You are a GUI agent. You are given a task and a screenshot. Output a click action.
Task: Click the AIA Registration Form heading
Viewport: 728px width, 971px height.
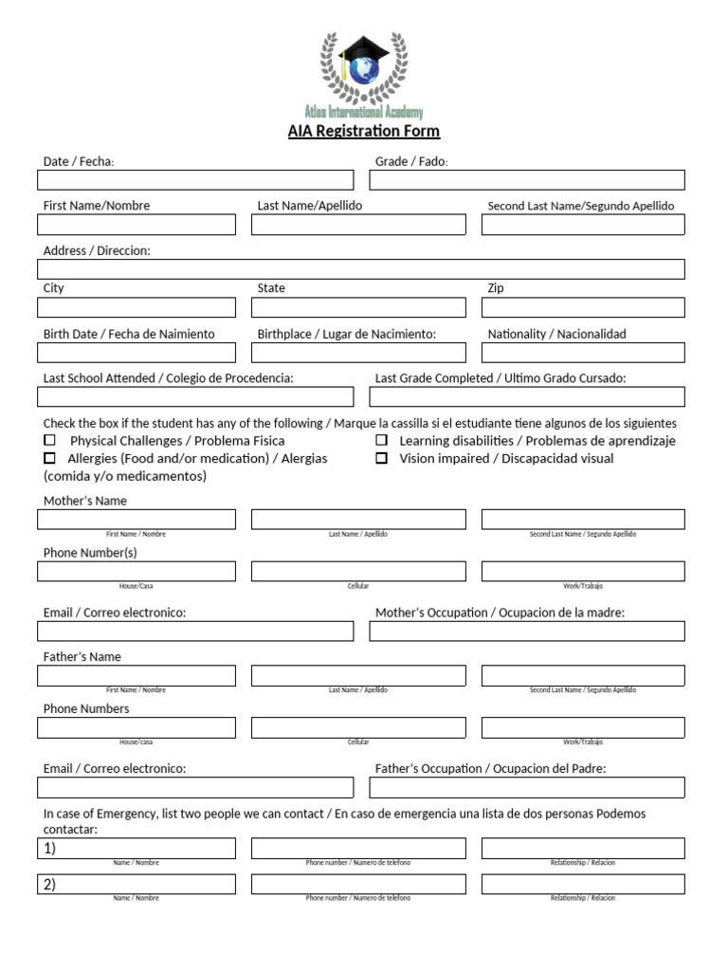click(x=364, y=132)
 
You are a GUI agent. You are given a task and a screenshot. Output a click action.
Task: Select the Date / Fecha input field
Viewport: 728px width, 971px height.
click(x=195, y=180)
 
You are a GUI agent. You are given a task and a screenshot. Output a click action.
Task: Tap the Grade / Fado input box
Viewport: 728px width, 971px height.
click(x=527, y=180)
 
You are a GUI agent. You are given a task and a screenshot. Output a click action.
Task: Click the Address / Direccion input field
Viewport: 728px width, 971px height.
click(x=361, y=269)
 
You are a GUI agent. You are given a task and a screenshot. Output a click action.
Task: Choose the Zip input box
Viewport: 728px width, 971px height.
click(x=583, y=307)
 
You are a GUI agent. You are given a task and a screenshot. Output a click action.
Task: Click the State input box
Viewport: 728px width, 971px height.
click(x=358, y=307)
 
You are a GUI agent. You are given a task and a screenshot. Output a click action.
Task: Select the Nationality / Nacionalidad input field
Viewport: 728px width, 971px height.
click(x=583, y=353)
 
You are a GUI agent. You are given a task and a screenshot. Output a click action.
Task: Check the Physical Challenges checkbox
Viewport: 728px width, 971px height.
click(x=49, y=441)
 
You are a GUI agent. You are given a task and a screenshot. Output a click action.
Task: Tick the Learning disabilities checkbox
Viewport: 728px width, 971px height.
click(x=381, y=441)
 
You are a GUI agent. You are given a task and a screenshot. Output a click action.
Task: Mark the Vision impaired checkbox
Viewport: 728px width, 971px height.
click(x=381, y=458)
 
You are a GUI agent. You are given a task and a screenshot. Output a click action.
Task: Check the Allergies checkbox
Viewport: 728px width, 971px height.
click(x=49, y=458)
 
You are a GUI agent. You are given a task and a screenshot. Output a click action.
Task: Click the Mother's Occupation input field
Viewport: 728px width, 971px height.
click(x=527, y=632)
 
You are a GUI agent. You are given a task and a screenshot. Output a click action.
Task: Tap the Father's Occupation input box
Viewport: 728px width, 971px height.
click(x=527, y=787)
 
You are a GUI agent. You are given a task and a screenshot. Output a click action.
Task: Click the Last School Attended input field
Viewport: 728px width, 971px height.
click(x=195, y=396)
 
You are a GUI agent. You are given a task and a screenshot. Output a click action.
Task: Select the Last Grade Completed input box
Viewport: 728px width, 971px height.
click(x=527, y=396)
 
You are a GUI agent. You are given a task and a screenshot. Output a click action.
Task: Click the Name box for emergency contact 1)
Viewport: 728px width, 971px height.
click(x=136, y=848)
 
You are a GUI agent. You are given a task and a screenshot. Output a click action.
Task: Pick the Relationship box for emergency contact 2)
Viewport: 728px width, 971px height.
click(x=583, y=884)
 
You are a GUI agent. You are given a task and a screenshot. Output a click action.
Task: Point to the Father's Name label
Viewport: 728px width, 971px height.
click(x=82, y=657)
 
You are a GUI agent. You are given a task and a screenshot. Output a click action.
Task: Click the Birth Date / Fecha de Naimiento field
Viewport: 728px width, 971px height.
click(x=136, y=353)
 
